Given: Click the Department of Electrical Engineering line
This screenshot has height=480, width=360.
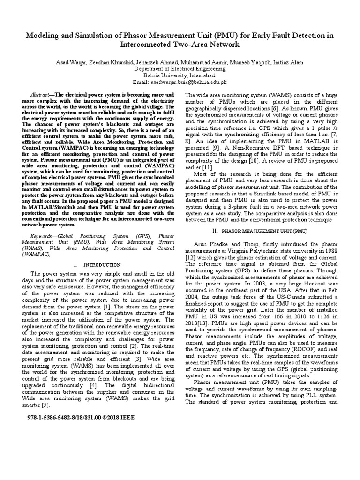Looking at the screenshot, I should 180,68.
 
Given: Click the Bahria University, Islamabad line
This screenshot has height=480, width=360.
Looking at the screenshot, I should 180,75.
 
